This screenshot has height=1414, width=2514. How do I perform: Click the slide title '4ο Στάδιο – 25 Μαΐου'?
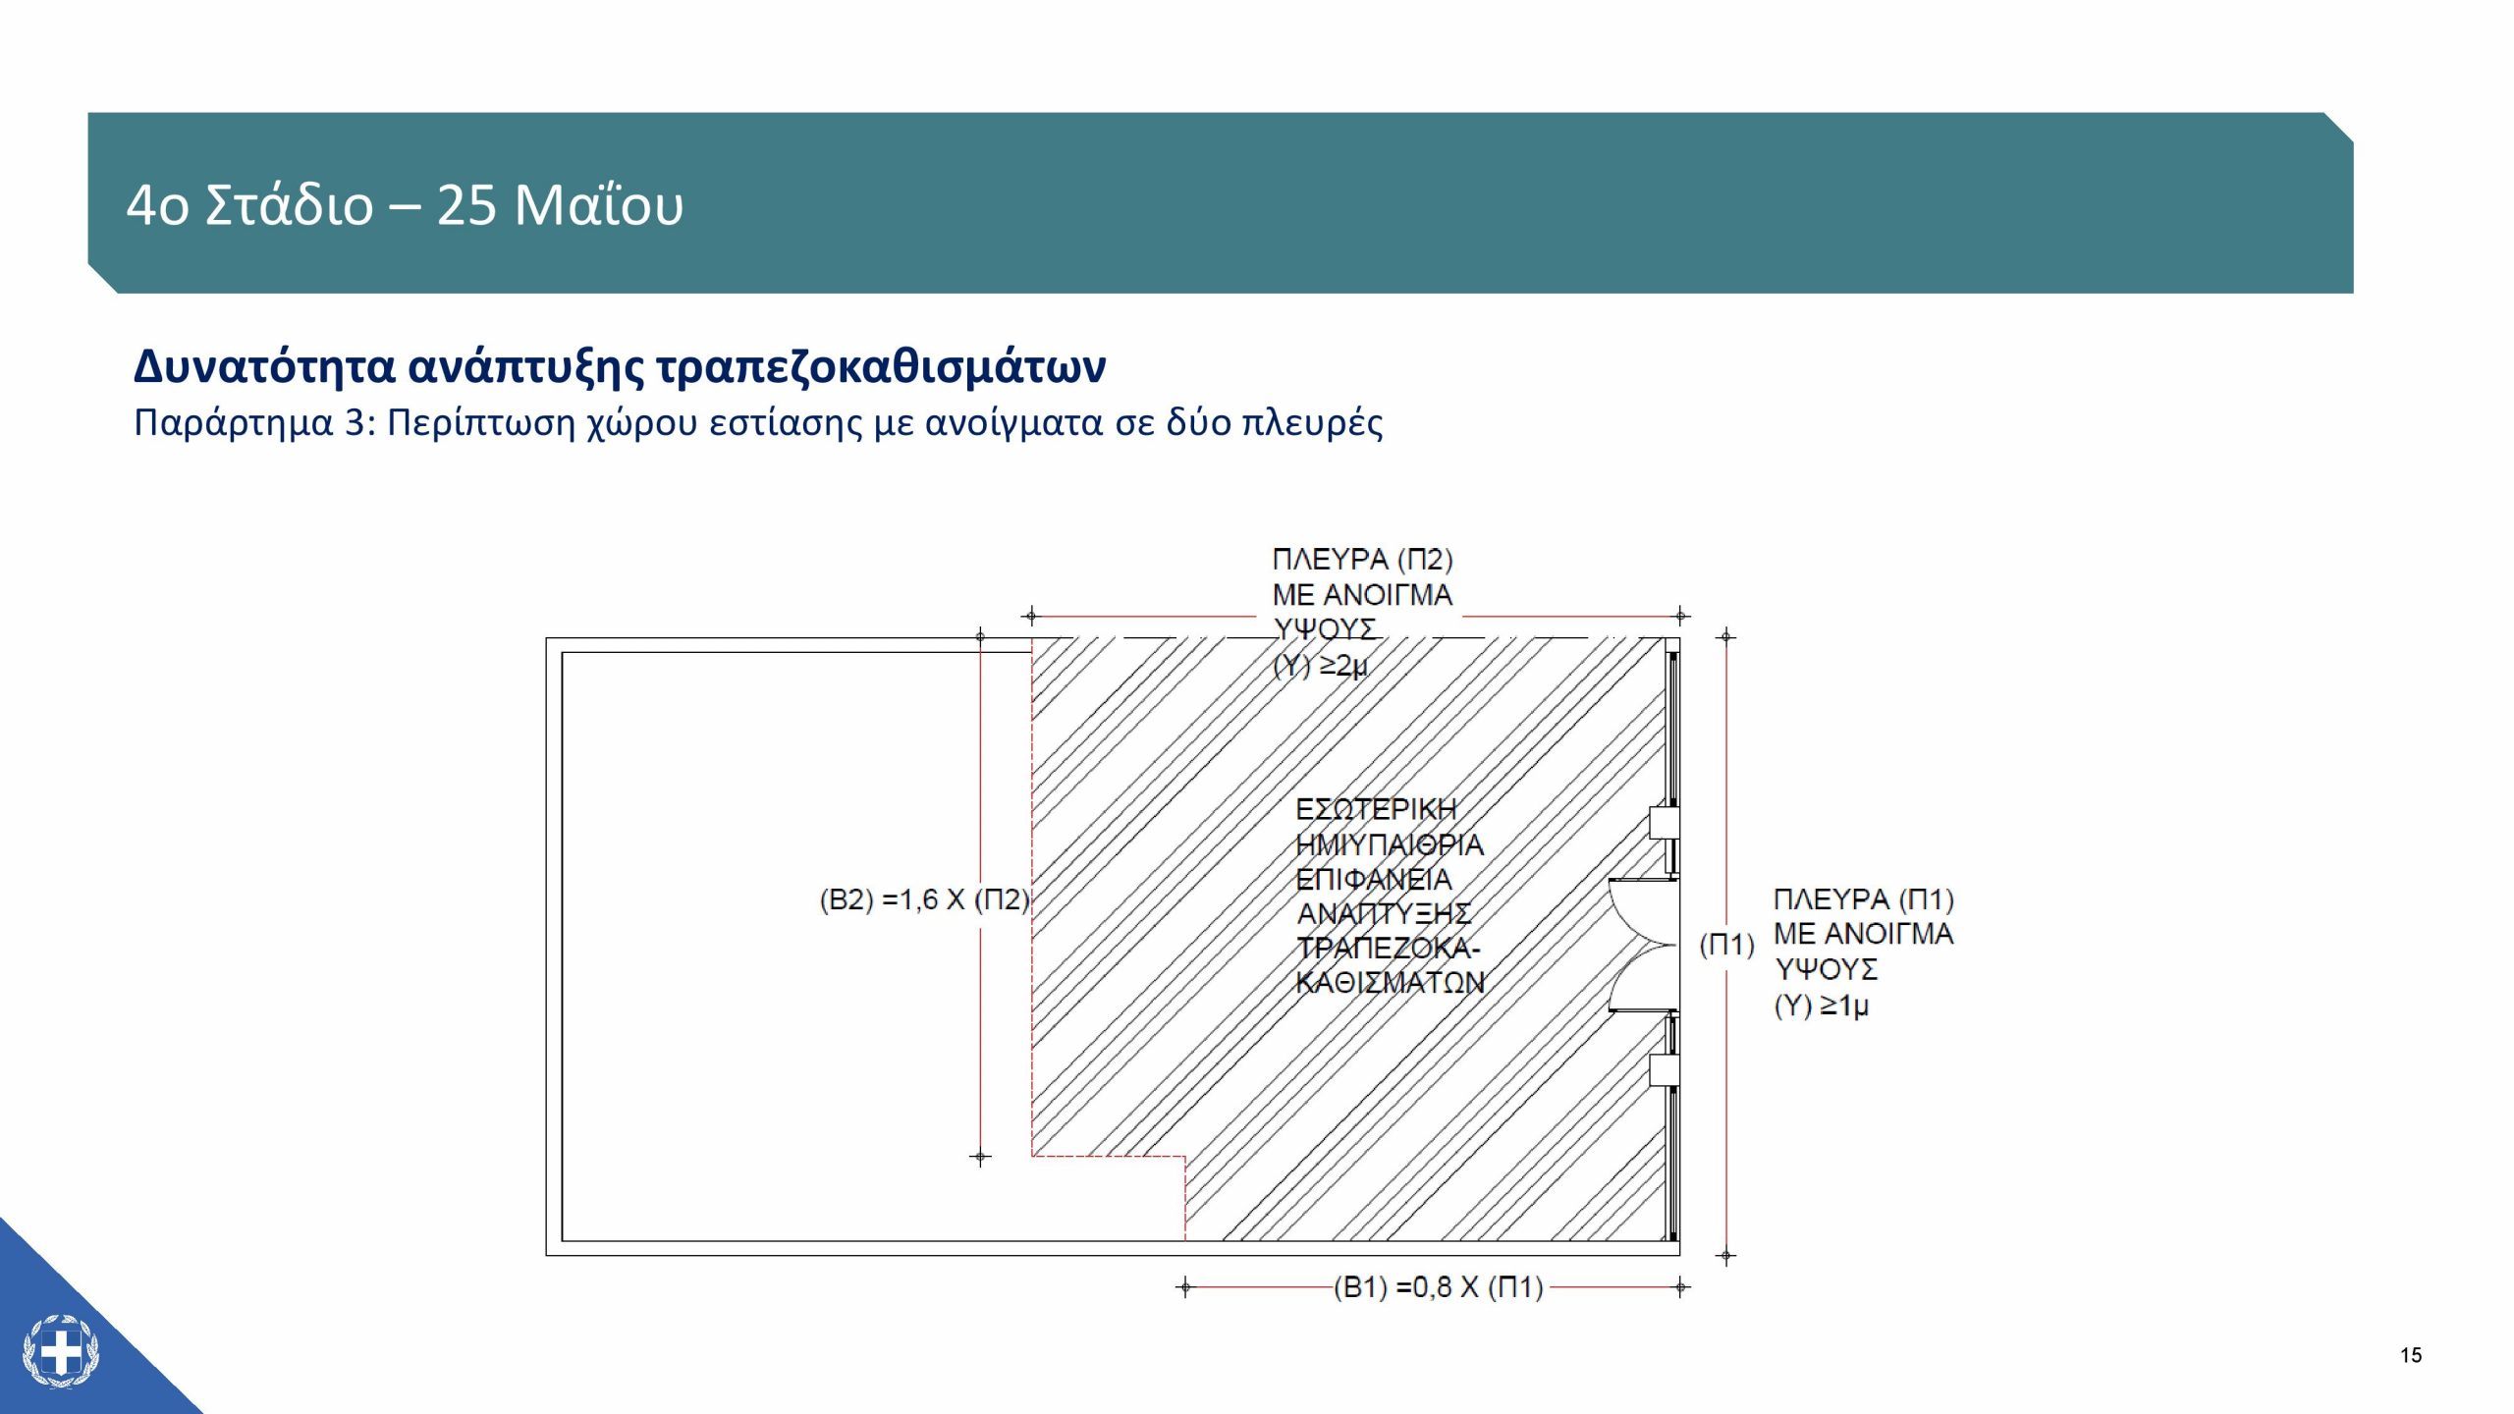point(405,205)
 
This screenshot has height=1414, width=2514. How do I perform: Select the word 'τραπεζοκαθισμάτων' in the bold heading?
point(881,367)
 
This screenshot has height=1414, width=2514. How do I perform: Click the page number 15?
point(2411,1356)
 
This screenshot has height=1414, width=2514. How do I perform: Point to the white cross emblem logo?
point(61,1352)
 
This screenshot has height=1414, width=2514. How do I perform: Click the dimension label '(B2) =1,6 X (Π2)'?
point(924,899)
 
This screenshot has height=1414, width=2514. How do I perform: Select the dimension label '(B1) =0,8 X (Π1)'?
point(1438,1287)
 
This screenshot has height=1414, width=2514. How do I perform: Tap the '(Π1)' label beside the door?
point(1727,945)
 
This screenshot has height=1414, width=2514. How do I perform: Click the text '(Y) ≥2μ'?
point(1320,666)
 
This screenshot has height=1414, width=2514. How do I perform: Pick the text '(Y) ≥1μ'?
point(1822,1006)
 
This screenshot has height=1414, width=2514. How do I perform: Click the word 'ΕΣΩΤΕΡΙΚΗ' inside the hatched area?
point(1376,809)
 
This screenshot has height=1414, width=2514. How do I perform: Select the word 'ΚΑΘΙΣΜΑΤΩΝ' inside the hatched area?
point(1391,982)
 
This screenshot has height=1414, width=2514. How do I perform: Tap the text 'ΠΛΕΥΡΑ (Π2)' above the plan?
point(1363,559)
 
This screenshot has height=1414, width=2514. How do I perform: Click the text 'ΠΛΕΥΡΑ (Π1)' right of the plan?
point(1864,898)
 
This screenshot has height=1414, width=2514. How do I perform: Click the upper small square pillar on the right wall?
point(1664,822)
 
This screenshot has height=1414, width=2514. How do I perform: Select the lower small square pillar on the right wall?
point(1664,1070)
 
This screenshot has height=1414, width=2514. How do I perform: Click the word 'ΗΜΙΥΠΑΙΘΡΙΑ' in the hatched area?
point(1390,844)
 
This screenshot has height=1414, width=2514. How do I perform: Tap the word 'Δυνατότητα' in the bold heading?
point(264,367)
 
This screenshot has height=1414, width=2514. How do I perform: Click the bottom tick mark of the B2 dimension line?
point(980,1157)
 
